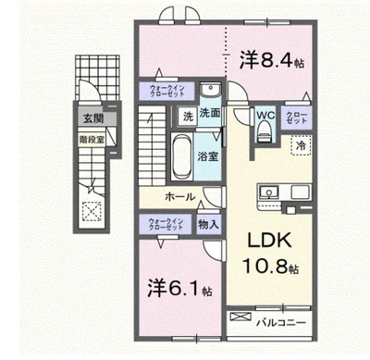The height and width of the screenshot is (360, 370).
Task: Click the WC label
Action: [265, 115]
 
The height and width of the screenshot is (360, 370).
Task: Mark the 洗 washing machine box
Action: [186, 117]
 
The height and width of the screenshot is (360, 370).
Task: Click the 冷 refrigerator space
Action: [301, 145]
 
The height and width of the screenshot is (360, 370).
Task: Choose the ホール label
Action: [179, 197]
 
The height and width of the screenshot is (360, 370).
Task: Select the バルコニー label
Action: [288, 320]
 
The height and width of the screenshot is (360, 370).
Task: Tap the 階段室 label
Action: [91, 140]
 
